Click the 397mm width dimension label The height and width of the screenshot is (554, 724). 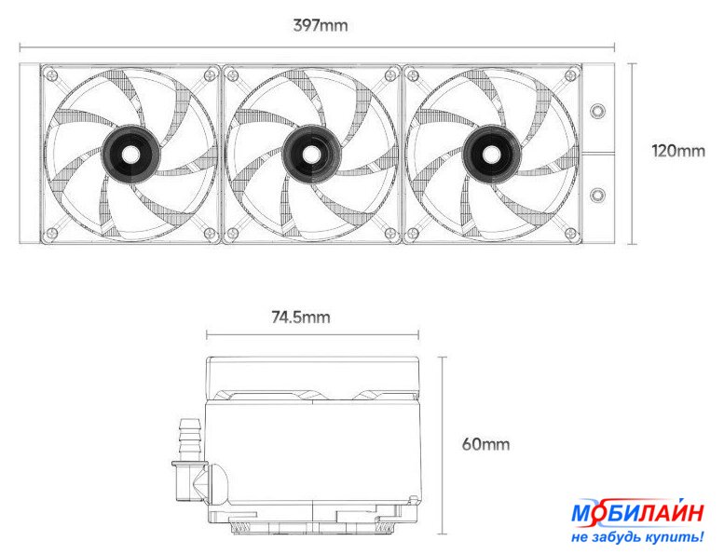coord(321,25)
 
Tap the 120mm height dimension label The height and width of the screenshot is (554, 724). coord(678,151)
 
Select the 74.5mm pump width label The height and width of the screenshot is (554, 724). coord(301,318)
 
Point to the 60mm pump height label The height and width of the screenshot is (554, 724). coord(485,444)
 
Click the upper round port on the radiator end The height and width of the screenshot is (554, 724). coord(598,111)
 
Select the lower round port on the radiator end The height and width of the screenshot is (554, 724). coord(598,196)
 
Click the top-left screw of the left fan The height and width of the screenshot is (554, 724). coord(52,74)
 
